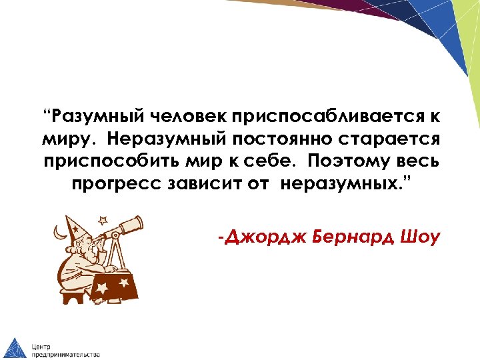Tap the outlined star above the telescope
[x=102, y=219]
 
